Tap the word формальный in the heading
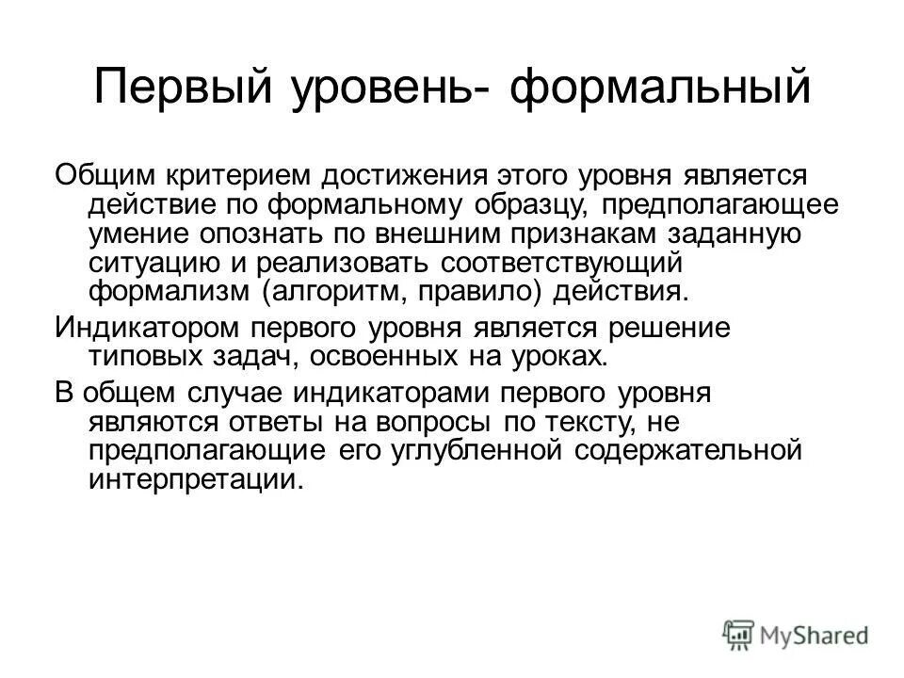tap(660, 87)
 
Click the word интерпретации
tap(196, 479)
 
